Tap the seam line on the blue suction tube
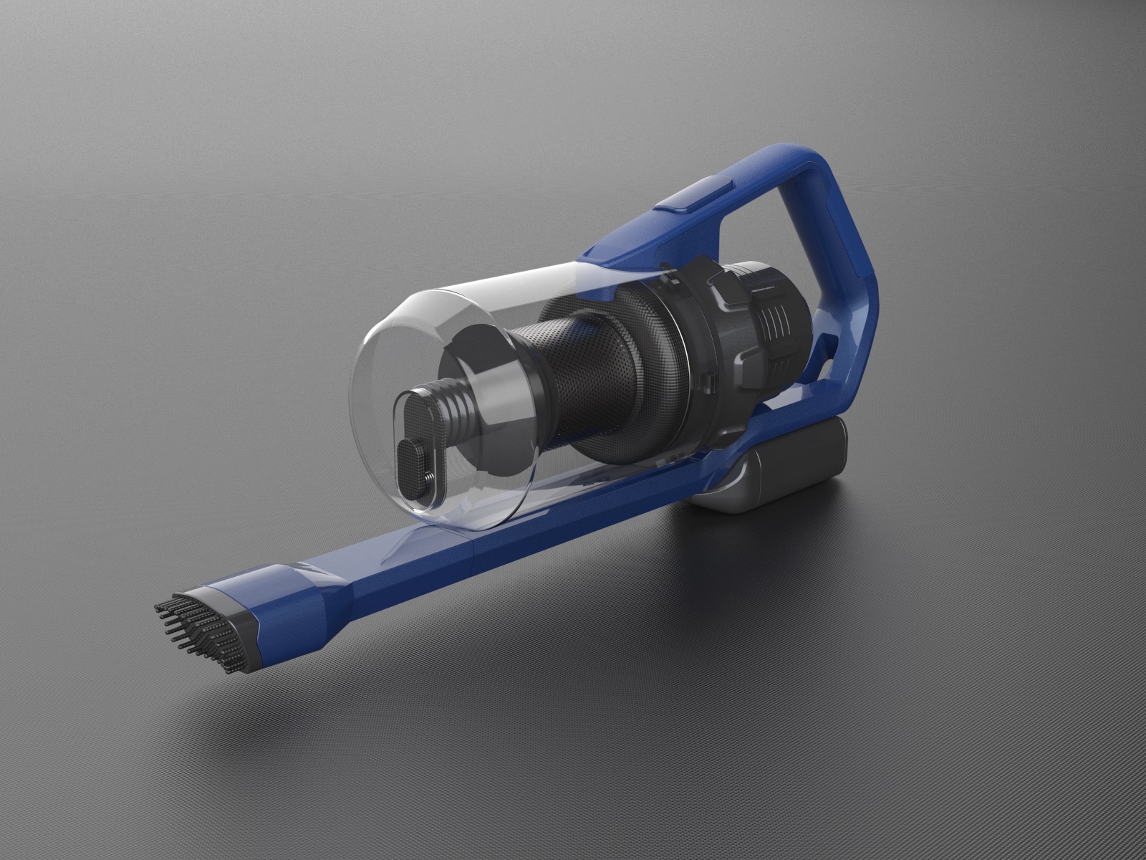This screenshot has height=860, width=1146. (x=478, y=553)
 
